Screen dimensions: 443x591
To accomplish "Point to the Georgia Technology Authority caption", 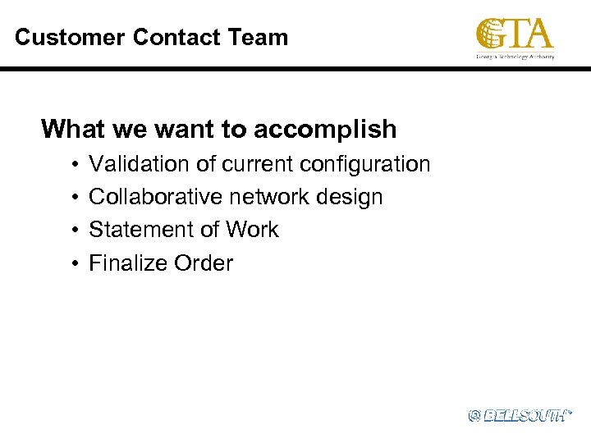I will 515,57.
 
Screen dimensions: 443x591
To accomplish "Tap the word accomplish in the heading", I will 325,130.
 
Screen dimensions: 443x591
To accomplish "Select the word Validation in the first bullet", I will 140,164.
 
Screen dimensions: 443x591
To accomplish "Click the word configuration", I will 365,164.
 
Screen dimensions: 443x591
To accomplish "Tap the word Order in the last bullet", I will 204,263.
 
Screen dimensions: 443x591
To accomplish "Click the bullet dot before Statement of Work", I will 74,231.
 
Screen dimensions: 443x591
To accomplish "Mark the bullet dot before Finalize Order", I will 74,264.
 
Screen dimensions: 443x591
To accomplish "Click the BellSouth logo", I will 519,416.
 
